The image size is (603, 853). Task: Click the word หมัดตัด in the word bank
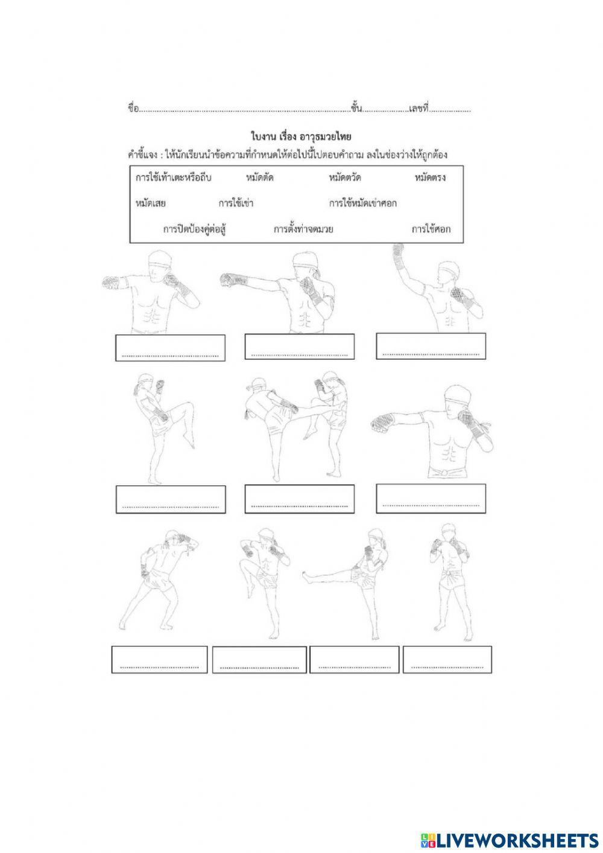259,178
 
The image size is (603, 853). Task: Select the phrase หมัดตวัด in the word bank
345,178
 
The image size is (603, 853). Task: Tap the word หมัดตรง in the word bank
430,178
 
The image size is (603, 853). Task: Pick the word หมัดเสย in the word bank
150,203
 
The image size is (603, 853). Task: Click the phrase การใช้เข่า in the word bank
236,203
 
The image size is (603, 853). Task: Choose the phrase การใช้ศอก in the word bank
431,229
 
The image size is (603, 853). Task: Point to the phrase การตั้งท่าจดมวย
303,229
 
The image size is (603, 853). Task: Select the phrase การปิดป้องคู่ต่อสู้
194,229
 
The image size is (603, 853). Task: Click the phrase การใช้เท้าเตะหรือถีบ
173,178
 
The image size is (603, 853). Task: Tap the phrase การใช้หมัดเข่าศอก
362,203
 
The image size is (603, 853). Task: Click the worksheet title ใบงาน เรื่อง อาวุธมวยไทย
301,136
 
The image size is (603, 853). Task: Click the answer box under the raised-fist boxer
431,346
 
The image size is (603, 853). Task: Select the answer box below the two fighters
300,499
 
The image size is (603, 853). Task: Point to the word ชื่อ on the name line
133,109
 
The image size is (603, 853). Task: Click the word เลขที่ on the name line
418,109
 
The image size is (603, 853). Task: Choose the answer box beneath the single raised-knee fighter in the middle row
171,499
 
